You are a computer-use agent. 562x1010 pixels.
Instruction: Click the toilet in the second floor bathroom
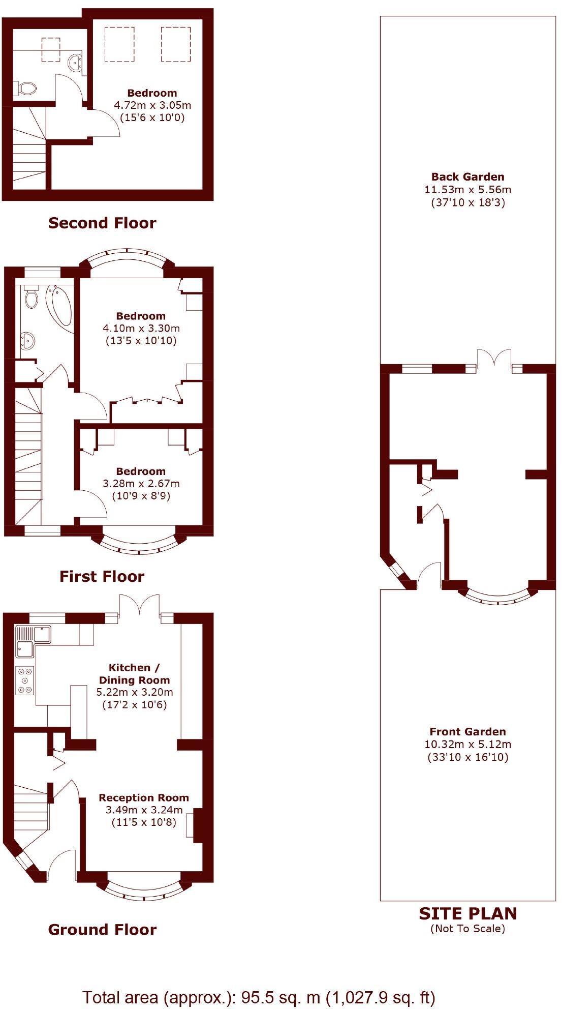pyautogui.click(x=26, y=88)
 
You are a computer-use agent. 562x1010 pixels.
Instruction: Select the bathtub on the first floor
pyautogui.click(x=60, y=305)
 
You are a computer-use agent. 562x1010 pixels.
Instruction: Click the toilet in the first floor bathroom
pyautogui.click(x=31, y=297)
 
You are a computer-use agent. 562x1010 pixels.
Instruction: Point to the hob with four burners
pyautogui.click(x=24, y=680)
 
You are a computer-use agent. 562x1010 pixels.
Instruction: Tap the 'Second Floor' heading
pyautogui.click(x=102, y=223)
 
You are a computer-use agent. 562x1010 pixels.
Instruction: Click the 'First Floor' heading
pyautogui.click(x=102, y=576)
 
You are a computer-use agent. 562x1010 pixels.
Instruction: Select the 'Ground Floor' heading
pyautogui.click(x=102, y=930)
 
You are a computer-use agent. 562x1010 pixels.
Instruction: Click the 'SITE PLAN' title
pyautogui.click(x=467, y=914)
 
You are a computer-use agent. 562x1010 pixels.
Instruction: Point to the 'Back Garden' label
pyautogui.click(x=467, y=177)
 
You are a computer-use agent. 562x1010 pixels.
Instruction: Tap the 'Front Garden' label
pyautogui.click(x=467, y=732)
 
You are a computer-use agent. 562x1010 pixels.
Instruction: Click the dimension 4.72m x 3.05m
pyautogui.click(x=152, y=105)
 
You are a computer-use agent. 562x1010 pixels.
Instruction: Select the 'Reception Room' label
pyautogui.click(x=144, y=798)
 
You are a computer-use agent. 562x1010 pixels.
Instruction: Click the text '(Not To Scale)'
pyautogui.click(x=467, y=929)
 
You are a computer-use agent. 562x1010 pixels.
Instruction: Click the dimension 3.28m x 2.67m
pyautogui.click(x=141, y=484)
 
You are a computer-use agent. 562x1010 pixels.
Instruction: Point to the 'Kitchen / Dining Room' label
pyautogui.click(x=134, y=674)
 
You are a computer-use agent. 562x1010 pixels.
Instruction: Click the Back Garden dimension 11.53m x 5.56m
pyautogui.click(x=467, y=190)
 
